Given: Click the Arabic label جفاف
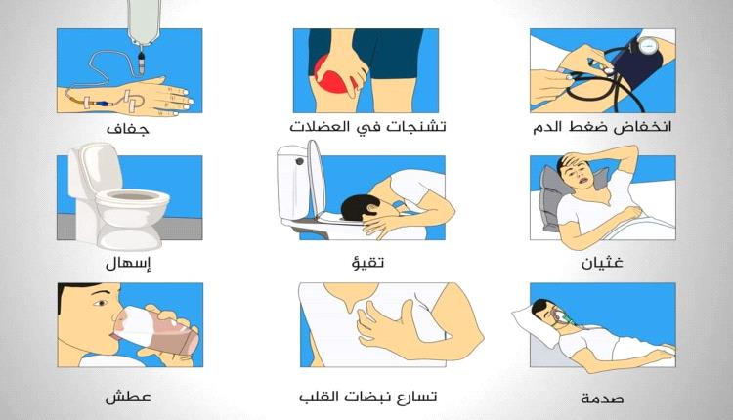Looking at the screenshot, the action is (x=128, y=128).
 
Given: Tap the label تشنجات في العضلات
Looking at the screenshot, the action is (x=367, y=126).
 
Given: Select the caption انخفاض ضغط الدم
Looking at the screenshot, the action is (x=602, y=126).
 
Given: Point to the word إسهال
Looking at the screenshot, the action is (x=129, y=263).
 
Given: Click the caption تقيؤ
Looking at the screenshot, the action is (x=367, y=261).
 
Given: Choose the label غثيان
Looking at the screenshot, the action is (x=602, y=262).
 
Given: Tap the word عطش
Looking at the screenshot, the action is (x=128, y=398).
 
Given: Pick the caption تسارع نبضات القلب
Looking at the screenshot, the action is (x=367, y=397).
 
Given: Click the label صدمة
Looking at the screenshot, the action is (x=602, y=399).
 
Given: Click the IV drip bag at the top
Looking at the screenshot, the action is (x=145, y=21).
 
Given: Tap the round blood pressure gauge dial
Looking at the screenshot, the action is (x=649, y=47).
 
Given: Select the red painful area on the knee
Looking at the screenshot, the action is (x=334, y=77).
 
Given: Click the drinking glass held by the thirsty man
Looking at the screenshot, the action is (x=155, y=330).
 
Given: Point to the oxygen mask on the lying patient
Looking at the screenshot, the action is (x=560, y=316).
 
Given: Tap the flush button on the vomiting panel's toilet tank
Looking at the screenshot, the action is (x=300, y=161).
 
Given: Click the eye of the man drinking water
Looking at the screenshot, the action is (x=101, y=303).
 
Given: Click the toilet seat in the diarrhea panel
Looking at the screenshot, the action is (x=132, y=198).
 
